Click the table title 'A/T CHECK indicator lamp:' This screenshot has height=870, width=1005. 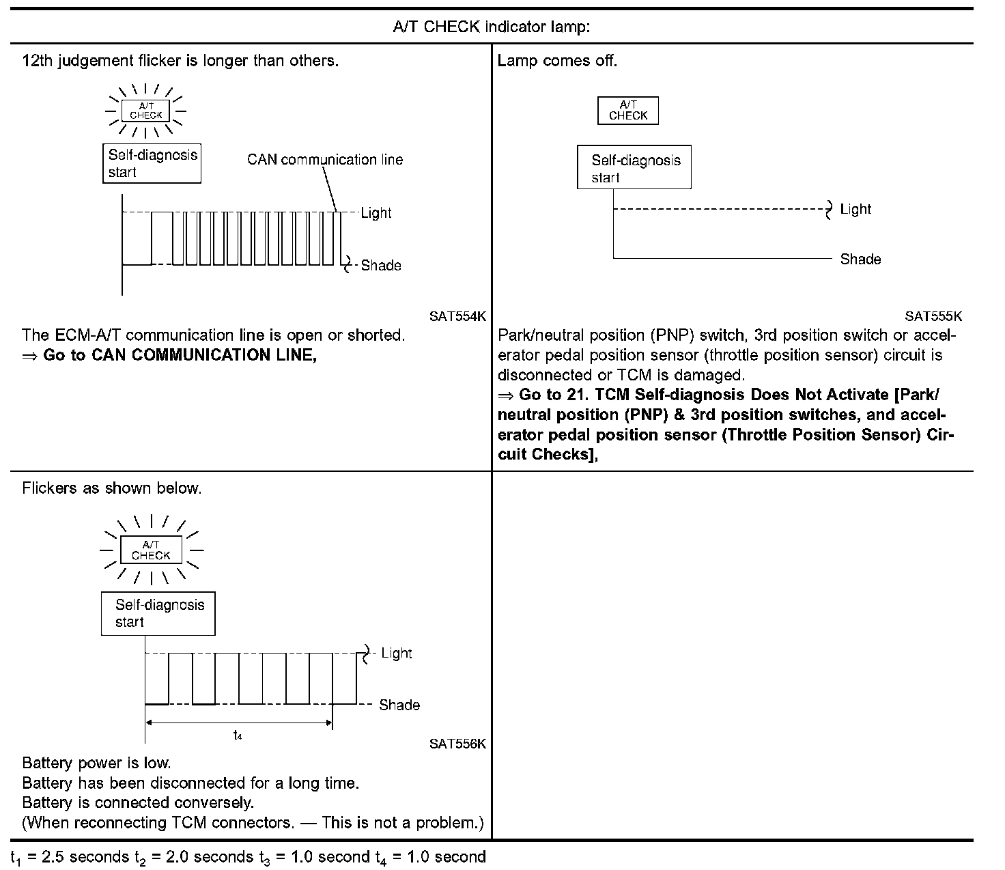(x=492, y=27)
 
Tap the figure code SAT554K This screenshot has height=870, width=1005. (x=457, y=316)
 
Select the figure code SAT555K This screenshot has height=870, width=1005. (x=933, y=316)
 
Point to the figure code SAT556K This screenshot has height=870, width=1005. (x=457, y=744)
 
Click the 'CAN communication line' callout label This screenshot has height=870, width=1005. (x=325, y=160)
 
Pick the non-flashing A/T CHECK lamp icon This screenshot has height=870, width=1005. (x=628, y=111)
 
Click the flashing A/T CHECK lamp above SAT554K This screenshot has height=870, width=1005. (x=145, y=111)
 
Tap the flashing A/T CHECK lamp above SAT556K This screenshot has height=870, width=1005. (x=151, y=550)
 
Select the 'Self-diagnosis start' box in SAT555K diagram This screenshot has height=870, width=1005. (x=634, y=168)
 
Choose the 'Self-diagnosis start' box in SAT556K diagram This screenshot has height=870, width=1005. (x=158, y=613)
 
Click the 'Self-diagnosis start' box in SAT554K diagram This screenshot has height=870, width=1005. (x=152, y=163)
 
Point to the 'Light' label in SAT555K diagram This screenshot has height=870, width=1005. (x=855, y=210)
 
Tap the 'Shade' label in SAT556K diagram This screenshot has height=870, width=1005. (x=399, y=705)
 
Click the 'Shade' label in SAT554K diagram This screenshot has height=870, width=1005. (x=381, y=266)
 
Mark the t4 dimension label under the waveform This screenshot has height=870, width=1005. (x=238, y=735)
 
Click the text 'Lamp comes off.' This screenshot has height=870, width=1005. (x=557, y=61)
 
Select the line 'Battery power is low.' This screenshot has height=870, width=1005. (x=96, y=763)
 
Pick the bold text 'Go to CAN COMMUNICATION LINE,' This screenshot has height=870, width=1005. (x=180, y=355)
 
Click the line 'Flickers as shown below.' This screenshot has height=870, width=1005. (x=112, y=488)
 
